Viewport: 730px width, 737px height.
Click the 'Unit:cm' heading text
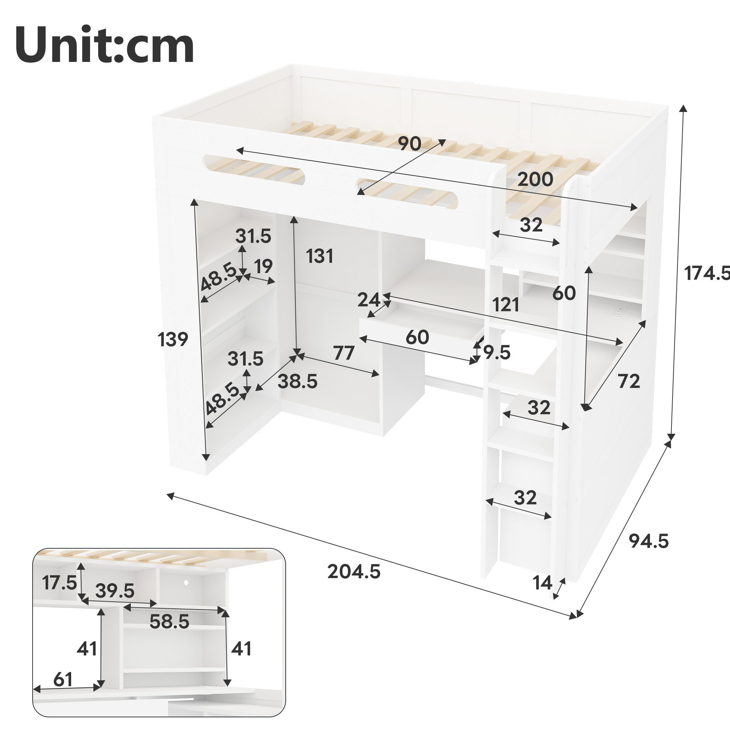[x=105, y=45]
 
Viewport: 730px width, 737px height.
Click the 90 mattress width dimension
[x=409, y=144]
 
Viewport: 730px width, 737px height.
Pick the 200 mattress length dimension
[x=535, y=179]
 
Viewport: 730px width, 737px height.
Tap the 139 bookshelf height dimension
[x=173, y=339]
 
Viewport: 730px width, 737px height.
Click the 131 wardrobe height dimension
[x=319, y=256]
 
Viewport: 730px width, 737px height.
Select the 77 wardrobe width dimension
[x=344, y=353]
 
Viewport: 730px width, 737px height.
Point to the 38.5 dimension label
[x=297, y=381]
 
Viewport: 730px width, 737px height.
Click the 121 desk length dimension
[x=505, y=304]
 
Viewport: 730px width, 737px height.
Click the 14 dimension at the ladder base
[x=542, y=583]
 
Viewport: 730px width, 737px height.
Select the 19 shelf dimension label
[x=263, y=266]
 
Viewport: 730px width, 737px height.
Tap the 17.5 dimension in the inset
[x=59, y=582]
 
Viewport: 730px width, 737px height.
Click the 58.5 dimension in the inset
[x=169, y=621]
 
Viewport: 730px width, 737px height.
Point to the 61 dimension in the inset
[x=63, y=679]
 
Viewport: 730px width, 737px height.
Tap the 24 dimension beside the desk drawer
[x=369, y=300]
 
